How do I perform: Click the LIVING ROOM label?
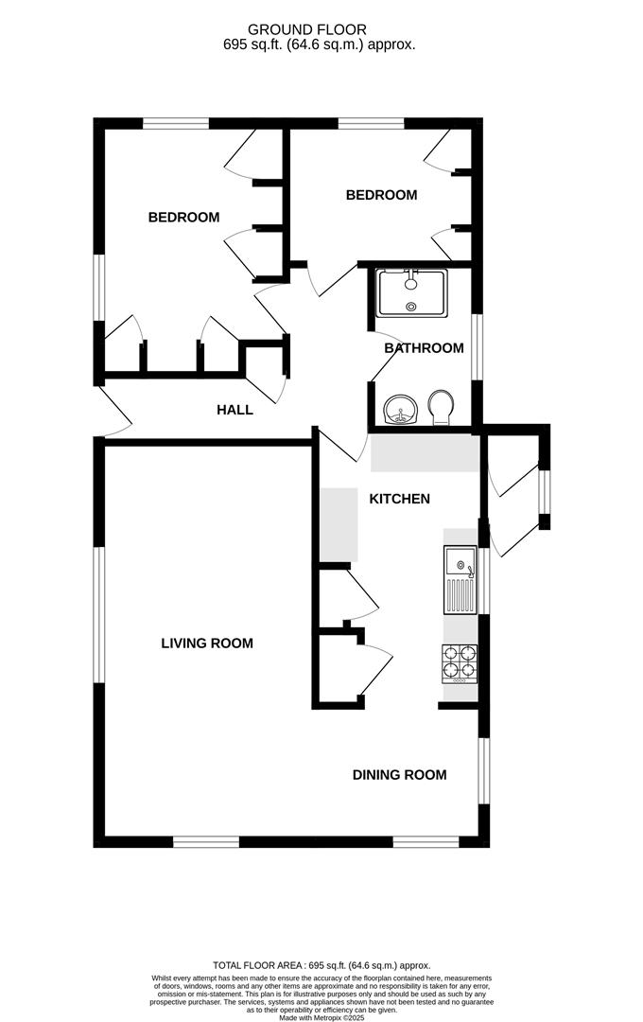click(206, 643)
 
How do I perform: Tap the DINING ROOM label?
click(399, 775)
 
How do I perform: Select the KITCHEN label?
click(399, 499)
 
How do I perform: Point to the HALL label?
click(235, 410)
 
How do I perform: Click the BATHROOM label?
click(425, 348)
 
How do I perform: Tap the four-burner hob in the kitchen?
click(460, 664)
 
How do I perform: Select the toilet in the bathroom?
click(441, 408)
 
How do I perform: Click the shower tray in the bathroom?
click(411, 293)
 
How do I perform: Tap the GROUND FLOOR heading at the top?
click(307, 29)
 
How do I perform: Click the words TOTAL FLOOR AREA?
click(257, 965)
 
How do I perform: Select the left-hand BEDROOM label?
click(183, 217)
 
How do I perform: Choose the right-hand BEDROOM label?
click(381, 195)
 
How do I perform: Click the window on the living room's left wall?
click(99, 615)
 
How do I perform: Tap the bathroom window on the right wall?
click(477, 347)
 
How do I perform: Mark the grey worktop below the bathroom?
click(425, 453)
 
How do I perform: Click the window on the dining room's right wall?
click(483, 771)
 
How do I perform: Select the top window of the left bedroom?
click(176, 124)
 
